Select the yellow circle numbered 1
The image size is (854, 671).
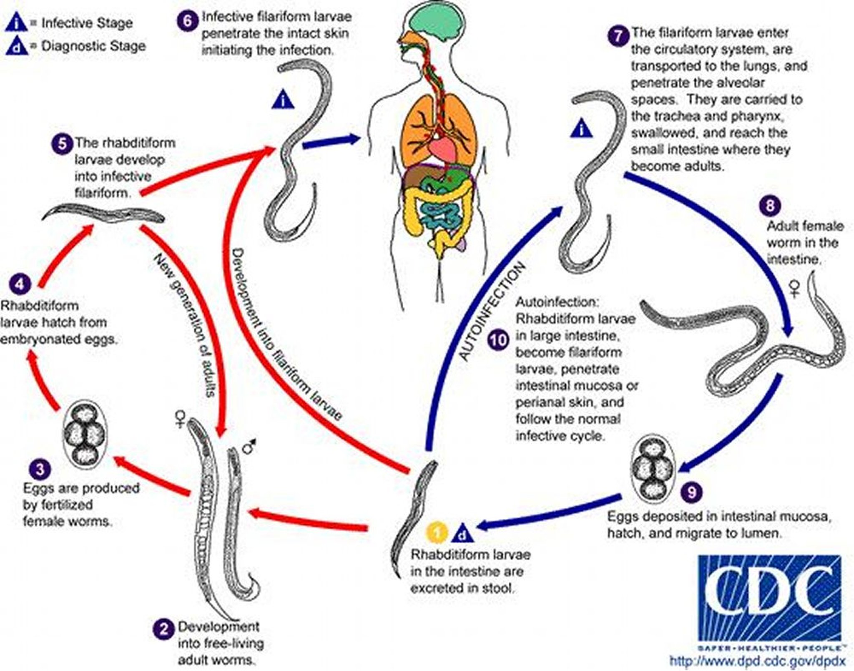click(436, 533)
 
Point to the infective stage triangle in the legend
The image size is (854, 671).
click(16, 23)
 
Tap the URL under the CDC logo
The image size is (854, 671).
click(757, 661)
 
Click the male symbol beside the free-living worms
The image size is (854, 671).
click(250, 447)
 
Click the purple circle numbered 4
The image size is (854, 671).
click(20, 284)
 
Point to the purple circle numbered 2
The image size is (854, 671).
click(163, 628)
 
